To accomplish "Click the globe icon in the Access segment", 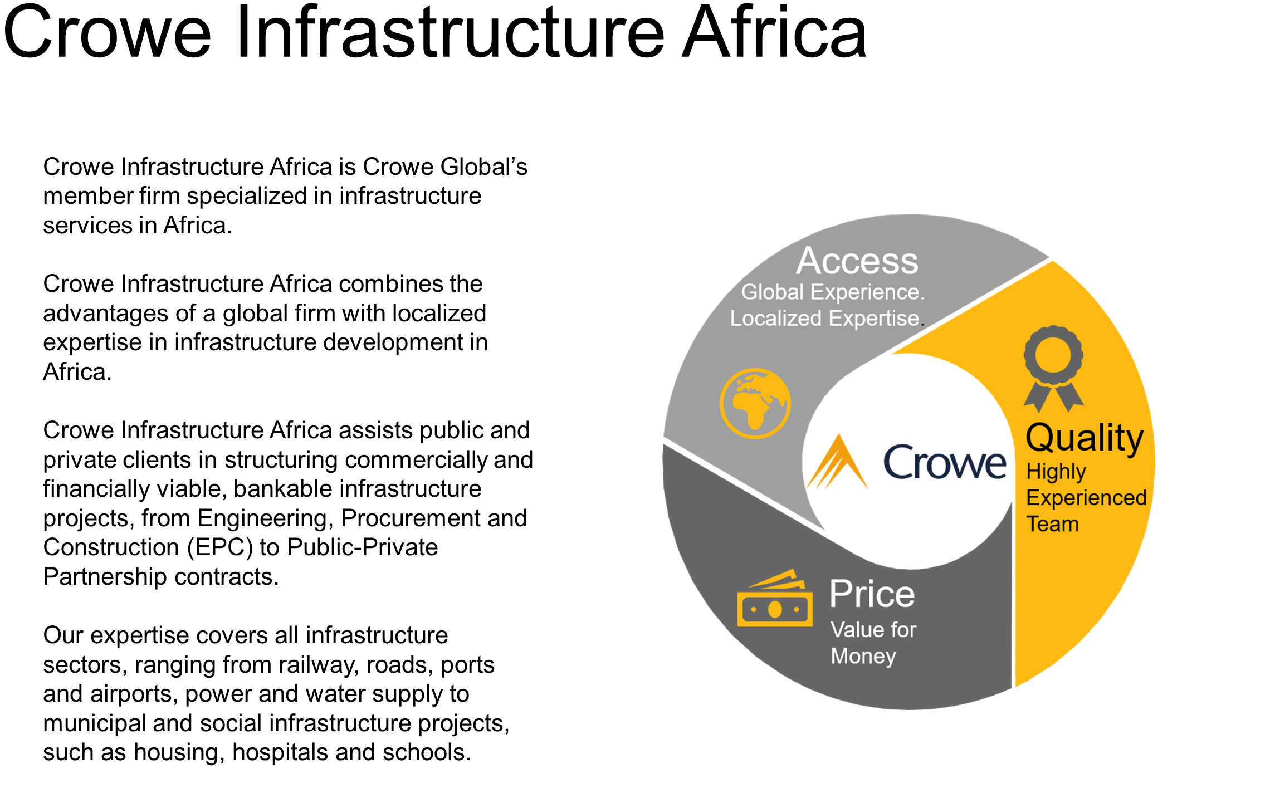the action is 755,403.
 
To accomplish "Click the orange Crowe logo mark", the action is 837,462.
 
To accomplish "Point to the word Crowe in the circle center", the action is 945,462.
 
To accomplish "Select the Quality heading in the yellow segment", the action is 1085,438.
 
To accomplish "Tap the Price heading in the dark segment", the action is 872,594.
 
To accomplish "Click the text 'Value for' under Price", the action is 873,630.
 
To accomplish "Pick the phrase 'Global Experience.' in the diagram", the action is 833,292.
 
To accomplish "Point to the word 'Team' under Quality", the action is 1052,524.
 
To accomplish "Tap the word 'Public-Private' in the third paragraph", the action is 362,547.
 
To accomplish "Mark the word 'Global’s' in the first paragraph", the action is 483,167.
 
